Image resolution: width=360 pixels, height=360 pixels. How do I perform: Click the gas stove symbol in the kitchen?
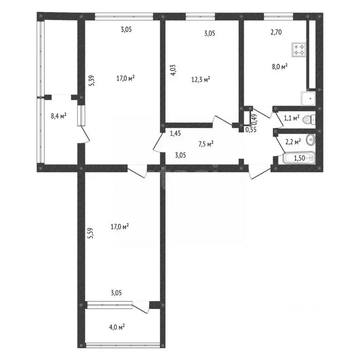(299, 50)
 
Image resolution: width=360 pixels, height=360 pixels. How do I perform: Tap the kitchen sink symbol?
(308, 98)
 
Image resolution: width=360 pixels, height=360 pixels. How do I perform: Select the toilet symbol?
(309, 120)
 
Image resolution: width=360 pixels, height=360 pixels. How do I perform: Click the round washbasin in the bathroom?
(311, 140)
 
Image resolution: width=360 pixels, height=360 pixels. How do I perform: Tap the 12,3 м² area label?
(201, 80)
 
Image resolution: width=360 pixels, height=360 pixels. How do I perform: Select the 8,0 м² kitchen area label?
(280, 67)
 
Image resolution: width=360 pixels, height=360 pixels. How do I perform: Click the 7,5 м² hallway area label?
(206, 144)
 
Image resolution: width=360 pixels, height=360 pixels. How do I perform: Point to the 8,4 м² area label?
(59, 116)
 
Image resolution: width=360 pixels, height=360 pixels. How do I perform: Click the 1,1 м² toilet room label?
(292, 118)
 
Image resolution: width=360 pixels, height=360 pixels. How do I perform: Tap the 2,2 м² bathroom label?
(293, 142)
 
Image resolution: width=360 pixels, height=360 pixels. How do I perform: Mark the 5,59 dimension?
(91, 233)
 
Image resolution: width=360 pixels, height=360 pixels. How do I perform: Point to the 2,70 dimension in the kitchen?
(276, 32)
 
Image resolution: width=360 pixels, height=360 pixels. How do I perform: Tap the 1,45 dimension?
(175, 133)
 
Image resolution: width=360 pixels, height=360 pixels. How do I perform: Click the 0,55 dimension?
(251, 130)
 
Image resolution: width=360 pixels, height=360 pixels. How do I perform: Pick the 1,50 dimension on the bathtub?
(300, 158)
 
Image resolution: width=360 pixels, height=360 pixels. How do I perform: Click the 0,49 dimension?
(255, 118)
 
